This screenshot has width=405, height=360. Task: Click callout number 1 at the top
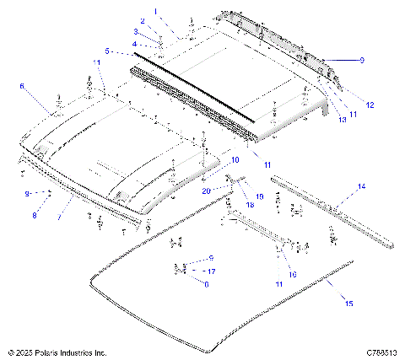154,10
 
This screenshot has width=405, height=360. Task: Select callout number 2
143,20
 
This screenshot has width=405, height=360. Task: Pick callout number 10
235,159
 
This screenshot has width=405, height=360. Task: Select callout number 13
342,121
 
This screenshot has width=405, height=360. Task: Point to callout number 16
292,274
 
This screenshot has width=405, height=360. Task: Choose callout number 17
212,271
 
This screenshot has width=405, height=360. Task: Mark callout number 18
250,205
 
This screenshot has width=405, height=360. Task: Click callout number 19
259,196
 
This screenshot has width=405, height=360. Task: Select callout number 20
205,191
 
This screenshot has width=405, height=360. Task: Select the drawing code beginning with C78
381,352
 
